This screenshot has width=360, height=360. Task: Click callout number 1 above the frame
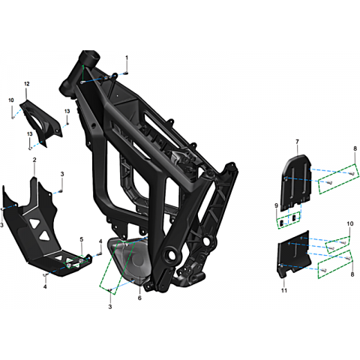pos(127,58)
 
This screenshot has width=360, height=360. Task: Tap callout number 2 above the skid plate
pos(34,160)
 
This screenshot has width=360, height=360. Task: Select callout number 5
pos(82,239)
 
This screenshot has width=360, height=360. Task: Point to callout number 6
pos(139,298)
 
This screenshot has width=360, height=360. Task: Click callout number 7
pos(297,142)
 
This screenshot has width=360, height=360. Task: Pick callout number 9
pos(276,205)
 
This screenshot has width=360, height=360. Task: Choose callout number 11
pos(284,290)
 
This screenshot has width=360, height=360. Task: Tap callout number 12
pos(27,84)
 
